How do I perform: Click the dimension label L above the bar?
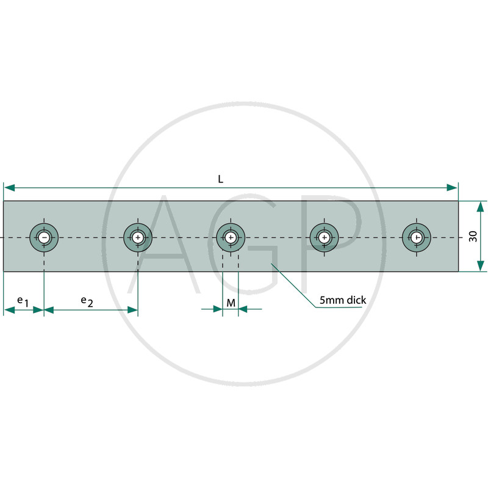tap(220, 179)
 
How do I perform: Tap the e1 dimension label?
tap(23, 301)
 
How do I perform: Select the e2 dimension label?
tap(87, 301)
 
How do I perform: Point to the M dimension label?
tap(231, 303)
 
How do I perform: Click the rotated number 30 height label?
tap(473, 236)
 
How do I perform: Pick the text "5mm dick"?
tap(343, 300)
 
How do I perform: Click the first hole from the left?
tap(44, 238)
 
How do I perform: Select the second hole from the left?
tap(138, 238)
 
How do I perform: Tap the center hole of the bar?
tap(231, 238)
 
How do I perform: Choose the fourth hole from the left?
tap(325, 238)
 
